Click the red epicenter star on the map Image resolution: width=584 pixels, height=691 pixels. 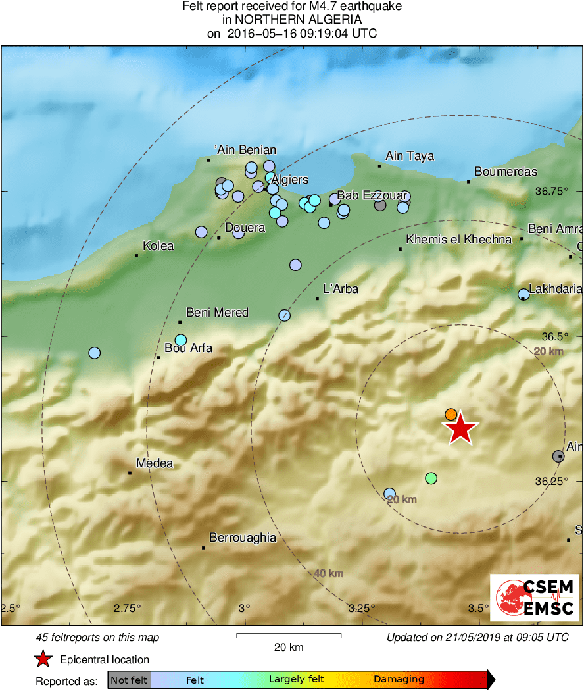tap(461, 429)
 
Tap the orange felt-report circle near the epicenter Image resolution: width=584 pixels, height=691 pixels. tap(450, 414)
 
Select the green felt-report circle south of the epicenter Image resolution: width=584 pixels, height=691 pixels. tap(431, 478)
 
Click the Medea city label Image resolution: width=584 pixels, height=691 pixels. tap(155, 463)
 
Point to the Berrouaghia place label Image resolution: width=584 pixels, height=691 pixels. tap(243, 538)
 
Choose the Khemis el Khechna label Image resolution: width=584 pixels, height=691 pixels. tap(459, 240)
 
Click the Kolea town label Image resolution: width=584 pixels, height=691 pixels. tap(158, 246)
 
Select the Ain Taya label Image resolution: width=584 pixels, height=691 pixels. tap(410, 156)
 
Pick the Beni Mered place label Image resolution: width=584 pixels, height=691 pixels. tap(218, 313)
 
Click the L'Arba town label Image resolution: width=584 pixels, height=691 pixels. tap(341, 288)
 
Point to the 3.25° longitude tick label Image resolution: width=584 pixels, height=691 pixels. tap(362, 607)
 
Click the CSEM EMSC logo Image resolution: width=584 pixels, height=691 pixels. tap(534, 598)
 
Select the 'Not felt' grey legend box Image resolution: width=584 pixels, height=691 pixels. tap(130, 680)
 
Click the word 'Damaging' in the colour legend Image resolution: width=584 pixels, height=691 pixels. tap(399, 680)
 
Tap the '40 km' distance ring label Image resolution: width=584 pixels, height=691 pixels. tap(328, 573)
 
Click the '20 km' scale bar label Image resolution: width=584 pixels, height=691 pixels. tap(289, 647)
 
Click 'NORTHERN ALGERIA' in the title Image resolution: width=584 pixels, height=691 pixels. tap(292, 20)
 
